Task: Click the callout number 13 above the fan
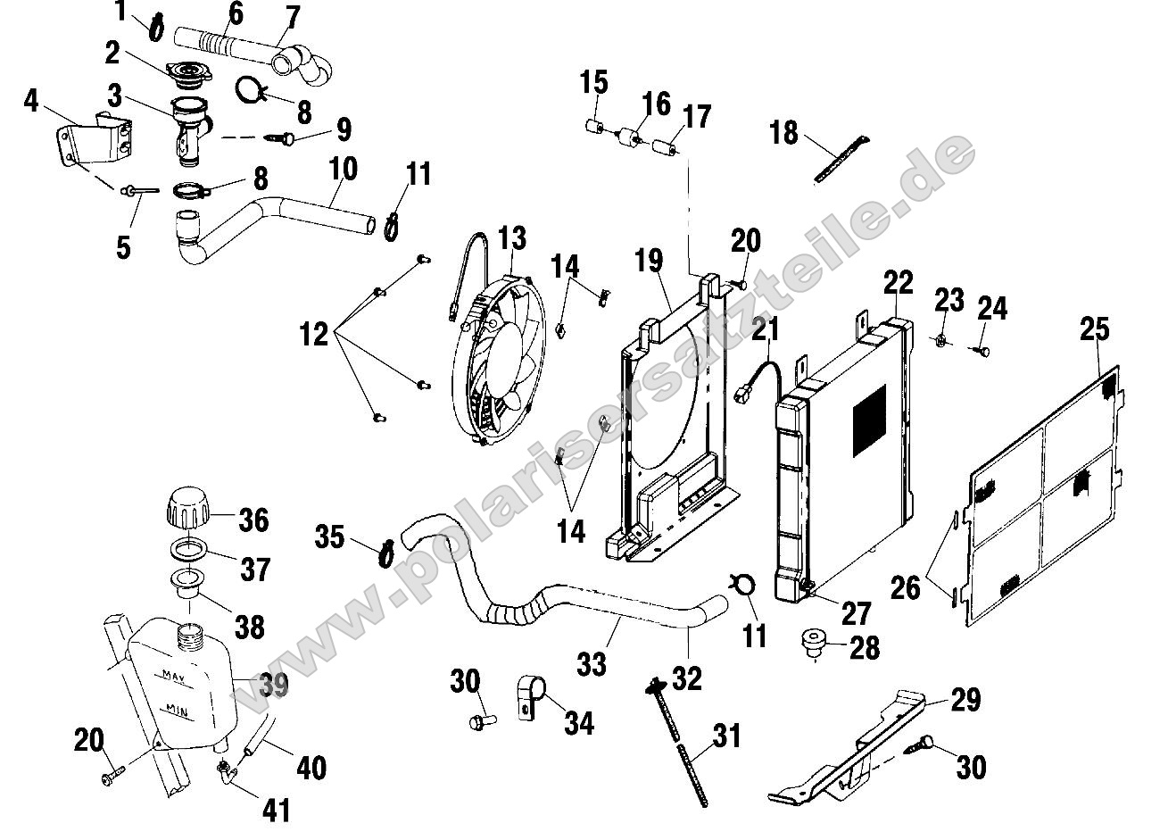click(x=512, y=238)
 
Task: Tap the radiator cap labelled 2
click(x=186, y=72)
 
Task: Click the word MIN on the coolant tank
click(x=176, y=710)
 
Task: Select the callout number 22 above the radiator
click(x=899, y=283)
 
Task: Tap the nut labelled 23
click(x=942, y=338)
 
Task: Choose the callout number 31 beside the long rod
click(x=726, y=737)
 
